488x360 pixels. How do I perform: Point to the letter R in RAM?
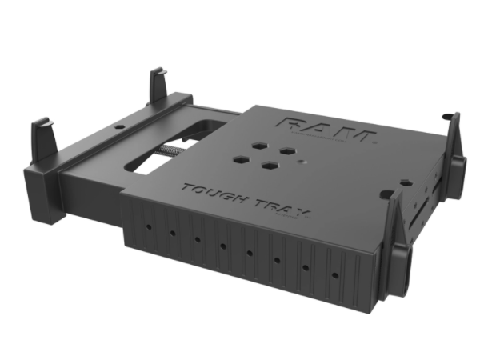tap(294, 123)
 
